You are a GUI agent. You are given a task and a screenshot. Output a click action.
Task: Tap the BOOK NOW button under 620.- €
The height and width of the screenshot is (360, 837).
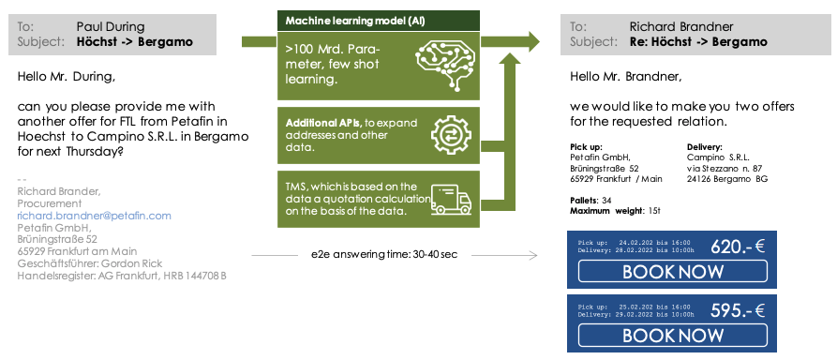(x=673, y=272)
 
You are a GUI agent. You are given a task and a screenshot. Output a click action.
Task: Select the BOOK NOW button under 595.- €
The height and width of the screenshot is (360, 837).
(x=673, y=336)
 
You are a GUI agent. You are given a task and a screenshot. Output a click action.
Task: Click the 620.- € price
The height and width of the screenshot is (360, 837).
(x=740, y=247)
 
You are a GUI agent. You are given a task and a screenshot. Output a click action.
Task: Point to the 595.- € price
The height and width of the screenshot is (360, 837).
(x=740, y=311)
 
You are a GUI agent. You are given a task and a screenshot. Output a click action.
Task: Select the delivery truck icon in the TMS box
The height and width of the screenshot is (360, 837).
(x=447, y=198)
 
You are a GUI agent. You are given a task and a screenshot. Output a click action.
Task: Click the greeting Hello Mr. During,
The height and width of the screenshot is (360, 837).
(x=66, y=77)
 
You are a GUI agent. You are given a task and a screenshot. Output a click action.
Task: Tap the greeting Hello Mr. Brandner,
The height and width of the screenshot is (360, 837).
(x=625, y=77)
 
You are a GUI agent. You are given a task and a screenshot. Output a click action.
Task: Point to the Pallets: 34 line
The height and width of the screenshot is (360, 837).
(x=591, y=201)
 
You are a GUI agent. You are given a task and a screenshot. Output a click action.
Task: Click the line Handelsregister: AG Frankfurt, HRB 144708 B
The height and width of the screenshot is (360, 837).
(x=122, y=276)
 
